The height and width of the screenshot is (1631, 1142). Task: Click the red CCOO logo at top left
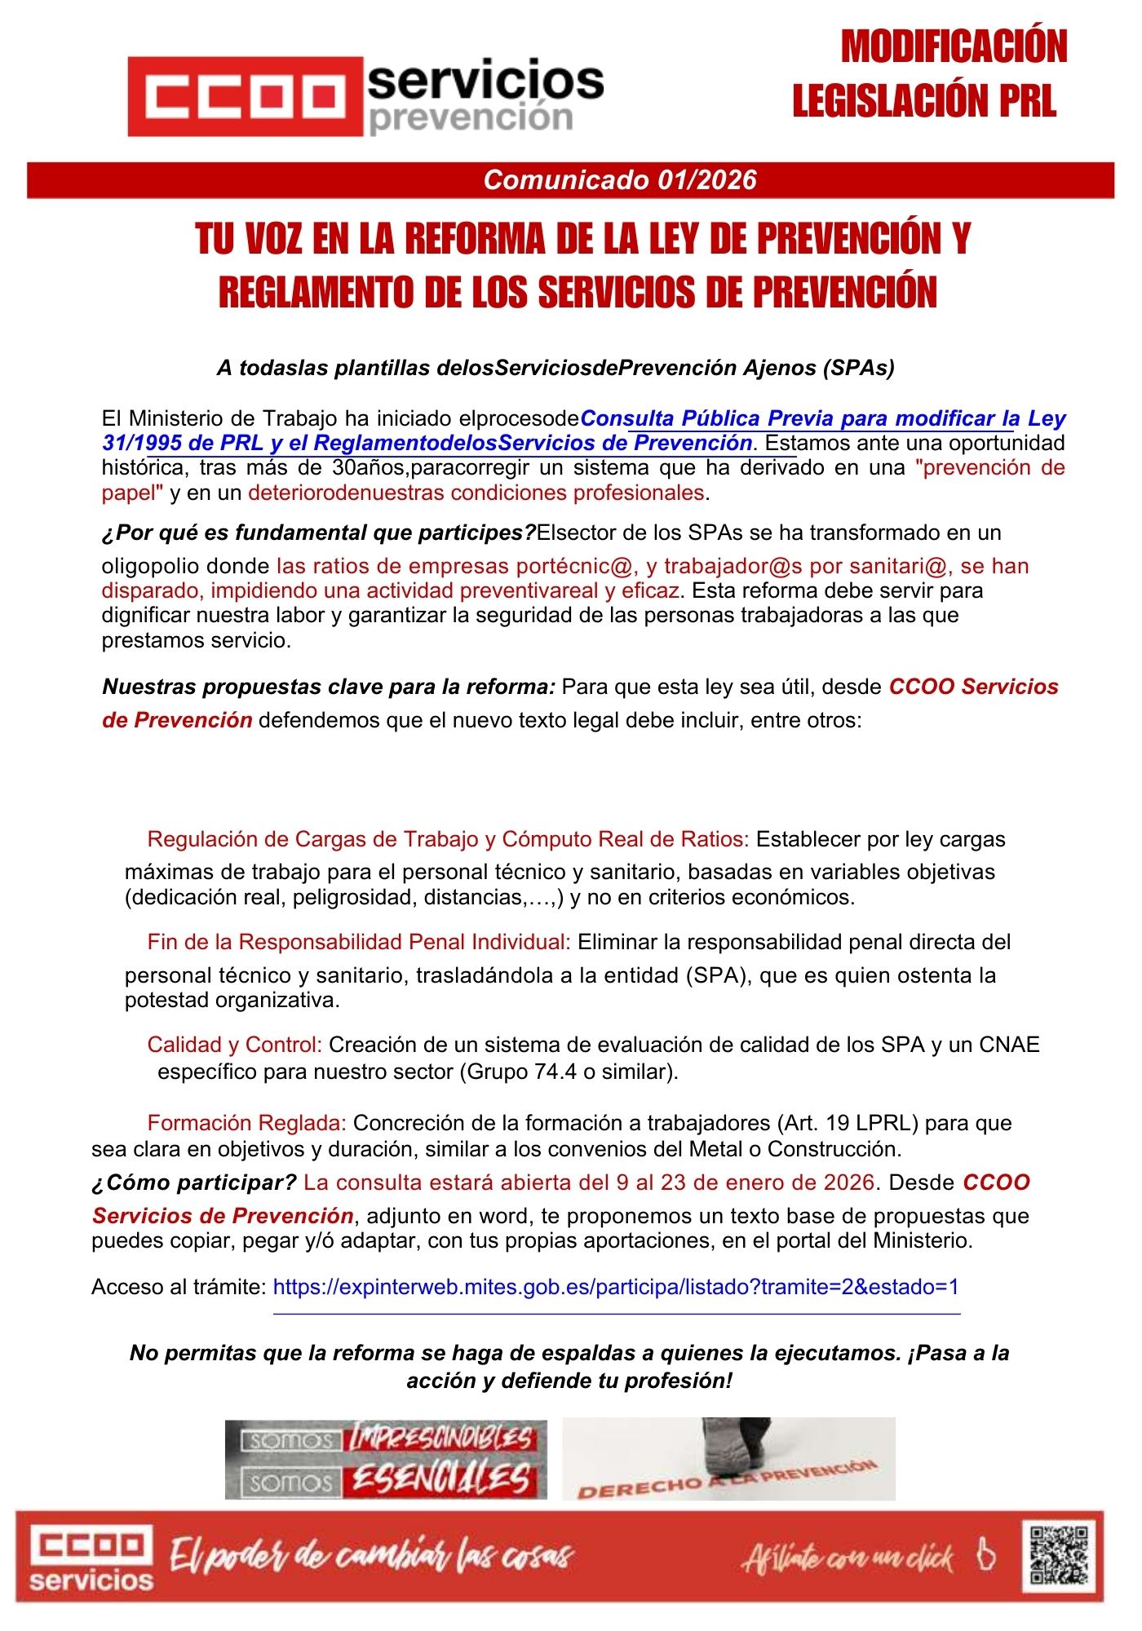(245, 96)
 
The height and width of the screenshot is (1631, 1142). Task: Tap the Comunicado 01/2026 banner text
(619, 180)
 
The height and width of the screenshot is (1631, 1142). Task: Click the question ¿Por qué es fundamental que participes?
(318, 533)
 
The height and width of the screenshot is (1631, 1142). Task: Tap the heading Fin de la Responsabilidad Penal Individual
(358, 943)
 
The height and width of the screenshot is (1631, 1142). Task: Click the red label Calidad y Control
(234, 1045)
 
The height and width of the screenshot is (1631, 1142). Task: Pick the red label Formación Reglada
(246, 1123)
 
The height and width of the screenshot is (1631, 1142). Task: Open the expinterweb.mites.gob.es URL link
(616, 1287)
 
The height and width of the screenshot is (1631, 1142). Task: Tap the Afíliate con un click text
(848, 1558)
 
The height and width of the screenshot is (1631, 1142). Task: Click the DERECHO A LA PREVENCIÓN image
(728, 1459)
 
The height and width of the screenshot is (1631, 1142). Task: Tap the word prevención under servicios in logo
(471, 118)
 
